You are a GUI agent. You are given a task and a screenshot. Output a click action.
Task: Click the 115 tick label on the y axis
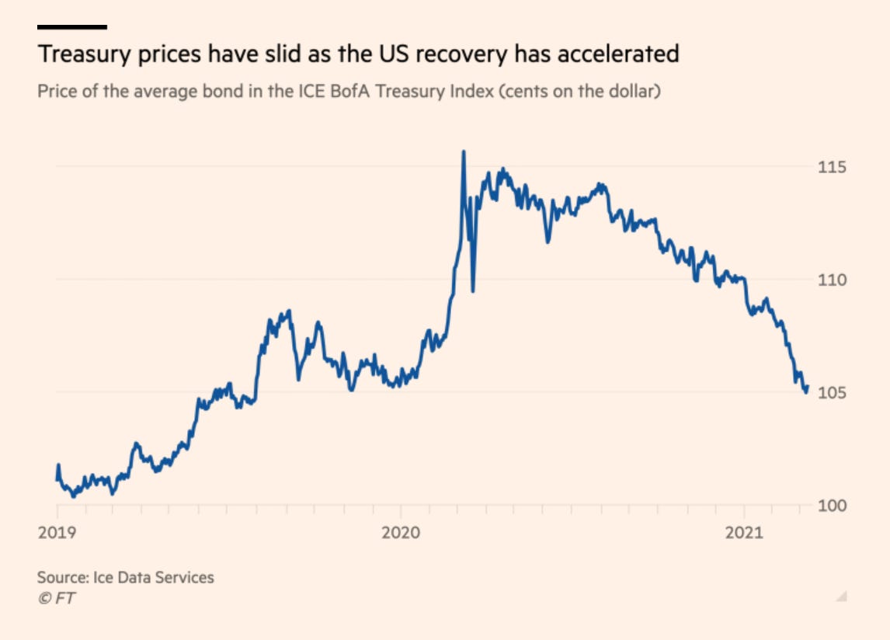(831, 167)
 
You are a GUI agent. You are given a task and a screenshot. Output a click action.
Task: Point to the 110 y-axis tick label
(831, 280)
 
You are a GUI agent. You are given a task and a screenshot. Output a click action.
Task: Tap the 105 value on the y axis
(831, 392)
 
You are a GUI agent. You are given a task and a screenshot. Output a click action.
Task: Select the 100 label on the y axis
(831, 505)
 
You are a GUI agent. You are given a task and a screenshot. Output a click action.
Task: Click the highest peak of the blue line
(464, 151)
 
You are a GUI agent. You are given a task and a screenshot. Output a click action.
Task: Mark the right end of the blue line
(808, 387)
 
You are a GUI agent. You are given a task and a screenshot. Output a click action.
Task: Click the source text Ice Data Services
(153, 577)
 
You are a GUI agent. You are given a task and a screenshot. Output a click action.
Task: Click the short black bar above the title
(71, 26)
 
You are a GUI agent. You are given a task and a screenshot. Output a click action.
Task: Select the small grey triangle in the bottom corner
(841, 597)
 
